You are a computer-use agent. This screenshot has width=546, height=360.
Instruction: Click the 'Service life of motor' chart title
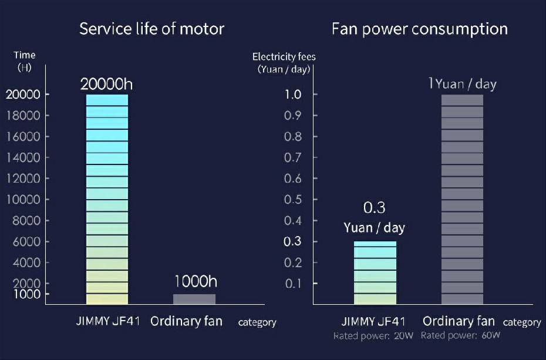point(151,29)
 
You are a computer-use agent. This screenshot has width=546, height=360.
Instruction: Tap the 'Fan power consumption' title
point(419,29)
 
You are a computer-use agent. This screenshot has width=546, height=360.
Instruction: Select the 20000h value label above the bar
point(107,84)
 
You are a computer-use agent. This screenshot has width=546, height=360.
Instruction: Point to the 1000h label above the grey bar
point(194,281)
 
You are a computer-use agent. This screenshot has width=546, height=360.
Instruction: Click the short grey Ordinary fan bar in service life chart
point(194,299)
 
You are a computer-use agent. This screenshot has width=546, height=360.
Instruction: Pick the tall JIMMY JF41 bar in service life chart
point(107,200)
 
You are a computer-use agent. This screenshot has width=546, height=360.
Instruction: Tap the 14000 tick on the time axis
point(23,157)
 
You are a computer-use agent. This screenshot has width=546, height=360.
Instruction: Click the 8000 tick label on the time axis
point(26,220)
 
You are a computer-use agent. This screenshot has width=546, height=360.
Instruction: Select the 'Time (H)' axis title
point(25,60)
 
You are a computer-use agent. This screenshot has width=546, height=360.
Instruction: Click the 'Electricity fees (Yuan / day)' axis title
point(284,62)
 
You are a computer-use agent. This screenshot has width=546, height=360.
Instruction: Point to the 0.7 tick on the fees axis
point(292,157)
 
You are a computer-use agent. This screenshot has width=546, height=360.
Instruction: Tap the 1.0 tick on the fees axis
point(292,95)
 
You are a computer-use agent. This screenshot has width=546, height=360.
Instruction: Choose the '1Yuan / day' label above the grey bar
point(462,84)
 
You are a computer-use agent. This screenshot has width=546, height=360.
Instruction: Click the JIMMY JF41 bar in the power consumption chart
point(375,272)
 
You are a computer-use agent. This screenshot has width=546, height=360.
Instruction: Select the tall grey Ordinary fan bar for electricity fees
point(462,200)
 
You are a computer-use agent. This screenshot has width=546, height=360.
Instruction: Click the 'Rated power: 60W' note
point(460,335)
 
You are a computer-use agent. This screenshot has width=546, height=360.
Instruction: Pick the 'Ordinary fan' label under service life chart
point(186,321)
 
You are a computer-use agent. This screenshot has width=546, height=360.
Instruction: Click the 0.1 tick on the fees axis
point(292,284)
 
